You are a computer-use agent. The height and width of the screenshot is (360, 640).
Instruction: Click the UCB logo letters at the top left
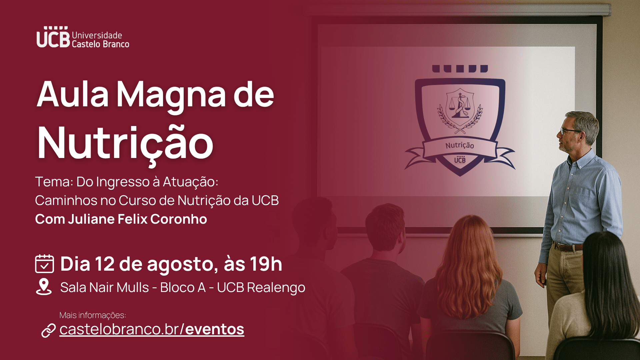pos(53,37)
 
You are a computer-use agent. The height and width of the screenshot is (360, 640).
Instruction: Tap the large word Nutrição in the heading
pos(125,143)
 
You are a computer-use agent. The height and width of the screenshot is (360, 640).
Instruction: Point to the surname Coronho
pos(179,219)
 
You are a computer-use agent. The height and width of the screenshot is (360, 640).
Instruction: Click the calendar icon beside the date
pos(44,264)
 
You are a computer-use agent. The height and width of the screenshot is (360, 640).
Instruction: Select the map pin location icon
pos(44,287)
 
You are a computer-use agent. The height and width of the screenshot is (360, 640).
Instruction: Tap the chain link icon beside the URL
pos(49,330)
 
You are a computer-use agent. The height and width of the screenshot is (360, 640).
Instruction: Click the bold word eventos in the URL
pos(215,329)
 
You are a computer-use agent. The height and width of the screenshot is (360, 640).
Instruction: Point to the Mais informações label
pos(93,315)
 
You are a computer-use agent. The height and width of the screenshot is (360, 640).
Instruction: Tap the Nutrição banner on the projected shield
pos(460,146)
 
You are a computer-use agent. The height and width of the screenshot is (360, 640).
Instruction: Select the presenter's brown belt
pos(568,247)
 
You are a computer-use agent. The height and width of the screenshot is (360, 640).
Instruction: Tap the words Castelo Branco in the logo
pos(100,44)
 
